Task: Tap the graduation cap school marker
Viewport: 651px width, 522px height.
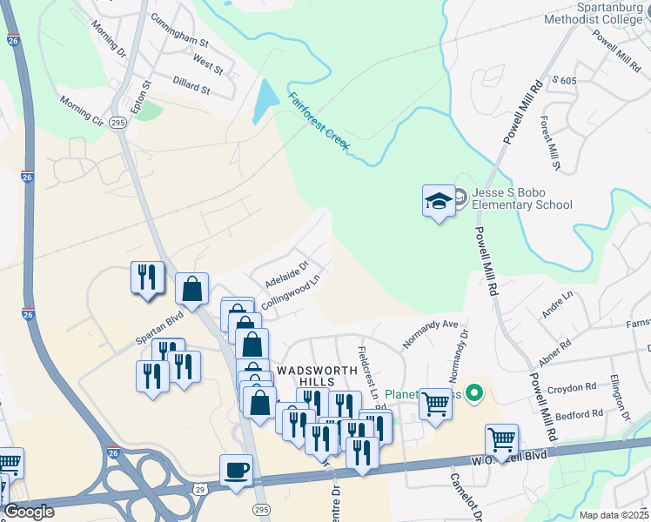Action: click(x=439, y=202)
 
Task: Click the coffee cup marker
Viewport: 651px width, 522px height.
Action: click(x=236, y=471)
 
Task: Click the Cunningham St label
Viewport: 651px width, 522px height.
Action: click(x=180, y=30)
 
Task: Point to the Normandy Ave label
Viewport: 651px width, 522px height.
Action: click(x=430, y=334)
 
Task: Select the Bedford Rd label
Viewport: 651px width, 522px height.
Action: click(x=580, y=414)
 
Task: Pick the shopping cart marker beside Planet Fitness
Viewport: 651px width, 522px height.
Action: click(x=434, y=403)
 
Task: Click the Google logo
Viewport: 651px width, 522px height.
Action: click(x=30, y=512)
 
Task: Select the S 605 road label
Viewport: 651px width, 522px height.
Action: click(x=564, y=80)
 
